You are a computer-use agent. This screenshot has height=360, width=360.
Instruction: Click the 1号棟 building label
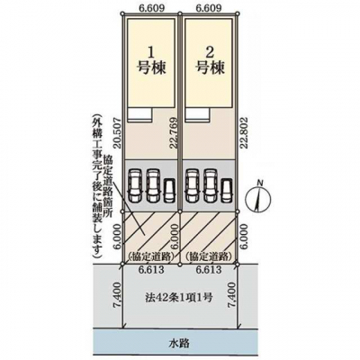pos(151,61)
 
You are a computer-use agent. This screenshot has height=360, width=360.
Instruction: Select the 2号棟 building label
pos(210,61)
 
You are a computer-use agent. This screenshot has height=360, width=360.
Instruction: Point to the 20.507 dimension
pos(118,132)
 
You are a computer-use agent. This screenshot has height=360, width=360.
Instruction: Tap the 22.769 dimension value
pos(175,133)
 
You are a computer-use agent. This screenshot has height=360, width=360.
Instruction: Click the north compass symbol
pos(258,198)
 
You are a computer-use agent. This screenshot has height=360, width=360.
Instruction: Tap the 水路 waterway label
pos(180,343)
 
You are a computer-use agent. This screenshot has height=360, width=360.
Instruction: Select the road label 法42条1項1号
pos(180,298)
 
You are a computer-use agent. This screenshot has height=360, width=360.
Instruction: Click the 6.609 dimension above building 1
pos(152,8)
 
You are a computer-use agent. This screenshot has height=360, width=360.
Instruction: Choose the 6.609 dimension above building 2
pos(209,8)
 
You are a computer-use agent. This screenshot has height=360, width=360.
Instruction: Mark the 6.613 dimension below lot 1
pos(151,269)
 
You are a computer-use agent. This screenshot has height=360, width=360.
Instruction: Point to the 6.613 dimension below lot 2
pos(209,269)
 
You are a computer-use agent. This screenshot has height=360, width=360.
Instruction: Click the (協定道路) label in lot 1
pos(151,256)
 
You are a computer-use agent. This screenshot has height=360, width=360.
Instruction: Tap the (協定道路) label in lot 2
pos(209,256)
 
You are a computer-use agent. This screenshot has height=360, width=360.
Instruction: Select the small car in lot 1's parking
pos(170,191)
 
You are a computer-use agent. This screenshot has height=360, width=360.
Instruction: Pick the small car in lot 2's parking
pos(227,191)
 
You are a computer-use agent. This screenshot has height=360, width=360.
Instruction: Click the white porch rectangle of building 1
pos(139,114)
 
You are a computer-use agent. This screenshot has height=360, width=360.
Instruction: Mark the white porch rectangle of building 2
pos(197,114)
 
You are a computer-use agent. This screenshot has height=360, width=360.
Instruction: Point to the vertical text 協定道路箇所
pos(107,186)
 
